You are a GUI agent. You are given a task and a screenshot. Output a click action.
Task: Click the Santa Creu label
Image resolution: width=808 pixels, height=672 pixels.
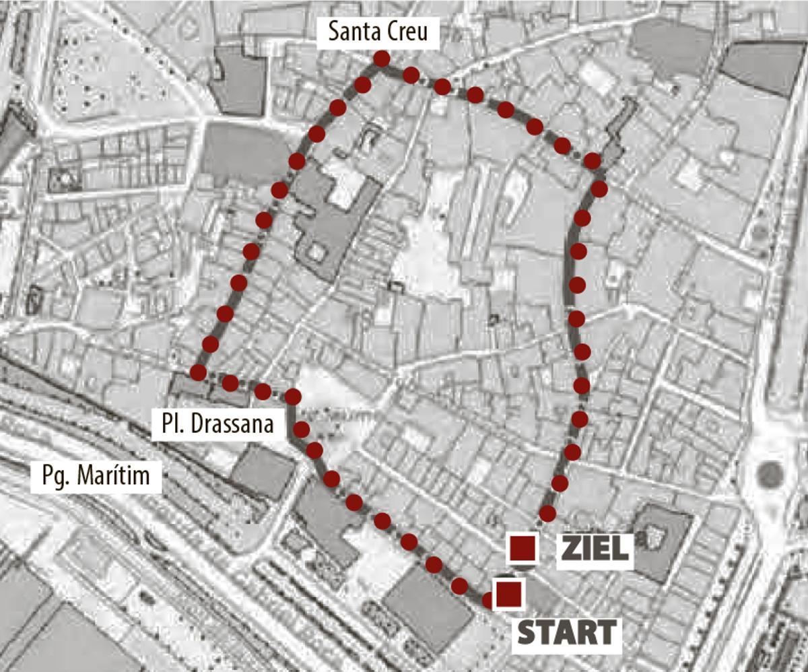click(378, 32)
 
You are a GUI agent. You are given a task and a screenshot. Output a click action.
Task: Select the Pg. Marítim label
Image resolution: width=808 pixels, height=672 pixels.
click(99, 477)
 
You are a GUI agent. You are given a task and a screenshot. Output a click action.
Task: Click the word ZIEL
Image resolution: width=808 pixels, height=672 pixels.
click(595, 549)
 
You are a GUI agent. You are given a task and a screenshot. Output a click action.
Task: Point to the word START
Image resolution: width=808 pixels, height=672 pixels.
click(566, 632)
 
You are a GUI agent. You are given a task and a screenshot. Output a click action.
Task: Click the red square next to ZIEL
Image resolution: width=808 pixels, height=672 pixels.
click(523, 549)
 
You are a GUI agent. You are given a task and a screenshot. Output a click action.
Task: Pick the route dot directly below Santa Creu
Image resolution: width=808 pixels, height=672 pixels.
click(382, 59)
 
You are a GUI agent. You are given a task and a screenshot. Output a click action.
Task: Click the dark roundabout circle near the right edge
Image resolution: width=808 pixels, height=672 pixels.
click(769, 475)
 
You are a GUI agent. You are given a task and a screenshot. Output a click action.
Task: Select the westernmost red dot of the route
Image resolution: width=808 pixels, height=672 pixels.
click(198, 372)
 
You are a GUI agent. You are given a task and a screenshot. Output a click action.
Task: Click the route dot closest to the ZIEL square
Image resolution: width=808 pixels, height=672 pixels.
click(547, 514)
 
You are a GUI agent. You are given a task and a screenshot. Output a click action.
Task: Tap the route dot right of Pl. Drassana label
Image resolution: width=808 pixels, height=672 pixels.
click(293, 396)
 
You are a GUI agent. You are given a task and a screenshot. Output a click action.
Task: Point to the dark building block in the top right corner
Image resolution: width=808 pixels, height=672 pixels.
click(764, 66)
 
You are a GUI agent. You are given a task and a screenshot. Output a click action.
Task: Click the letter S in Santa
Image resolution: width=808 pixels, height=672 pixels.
click(332, 32)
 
